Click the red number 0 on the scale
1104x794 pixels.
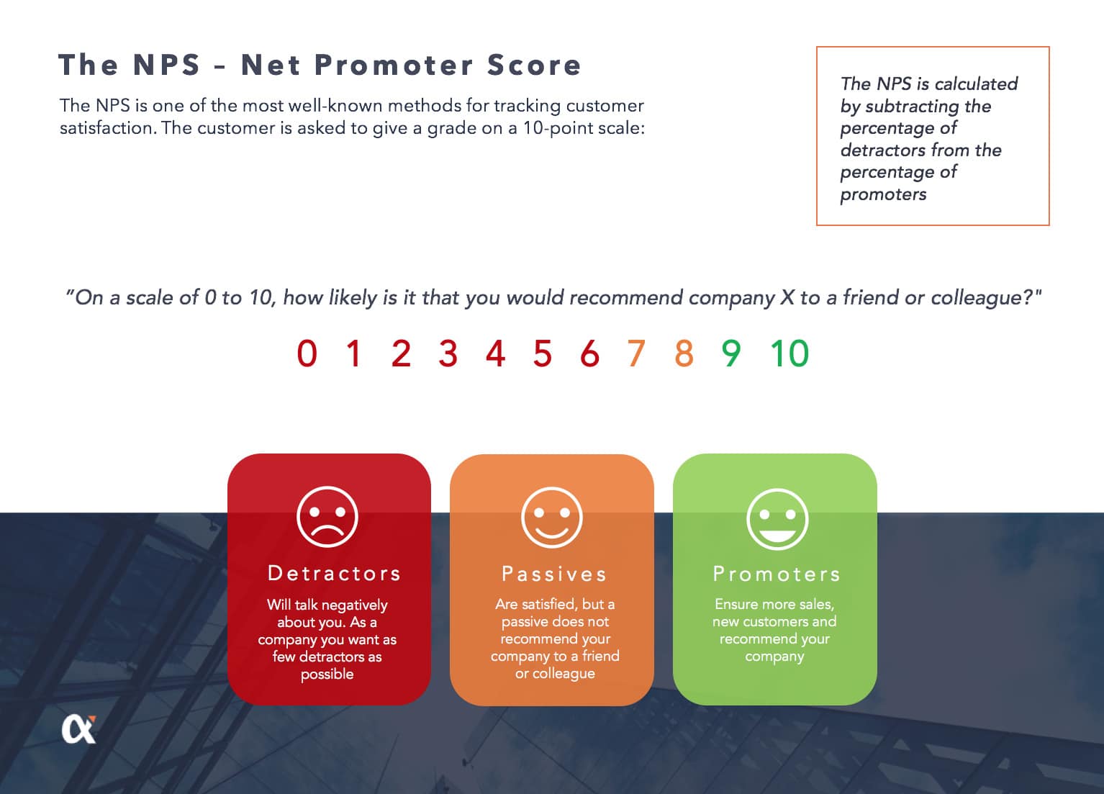coord(307,353)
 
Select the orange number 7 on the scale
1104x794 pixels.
coord(636,353)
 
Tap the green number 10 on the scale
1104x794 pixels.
coord(789,353)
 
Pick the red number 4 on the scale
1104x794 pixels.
coord(495,353)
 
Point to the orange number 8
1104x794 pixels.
coord(684,353)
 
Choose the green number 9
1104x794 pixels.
coord(731,353)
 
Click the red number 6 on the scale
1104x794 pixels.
coord(589,353)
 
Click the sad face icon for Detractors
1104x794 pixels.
coord(327,517)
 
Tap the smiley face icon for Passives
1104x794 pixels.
coord(552,518)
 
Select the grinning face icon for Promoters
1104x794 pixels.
coord(777,519)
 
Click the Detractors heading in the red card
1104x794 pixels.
coord(334,573)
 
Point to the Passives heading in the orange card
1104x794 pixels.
coord(554,574)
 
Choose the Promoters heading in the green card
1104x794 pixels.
coord(777,574)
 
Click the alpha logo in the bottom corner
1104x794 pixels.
coord(79,729)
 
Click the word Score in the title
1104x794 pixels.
coord(534,65)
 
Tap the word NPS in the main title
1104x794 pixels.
coord(166,65)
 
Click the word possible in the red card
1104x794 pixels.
coord(327,675)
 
